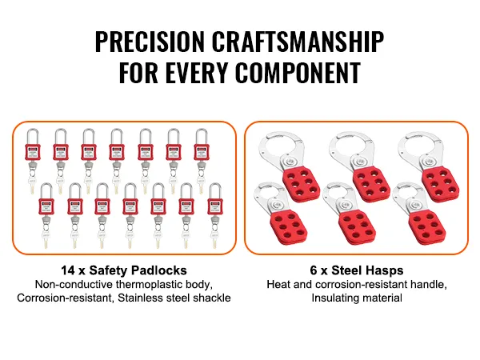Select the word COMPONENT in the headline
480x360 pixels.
click(x=298, y=74)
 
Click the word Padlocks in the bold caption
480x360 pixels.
click(x=158, y=271)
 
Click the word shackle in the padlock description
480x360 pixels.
click(x=213, y=298)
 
